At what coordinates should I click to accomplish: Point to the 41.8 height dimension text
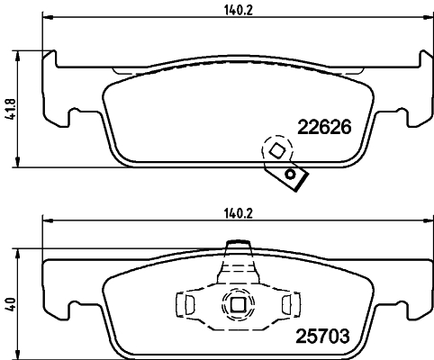pos(9,111)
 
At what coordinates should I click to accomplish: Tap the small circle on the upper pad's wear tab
pos(290,173)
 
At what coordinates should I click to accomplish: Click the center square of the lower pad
pos(238,305)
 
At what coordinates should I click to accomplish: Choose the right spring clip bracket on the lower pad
pos(288,305)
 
